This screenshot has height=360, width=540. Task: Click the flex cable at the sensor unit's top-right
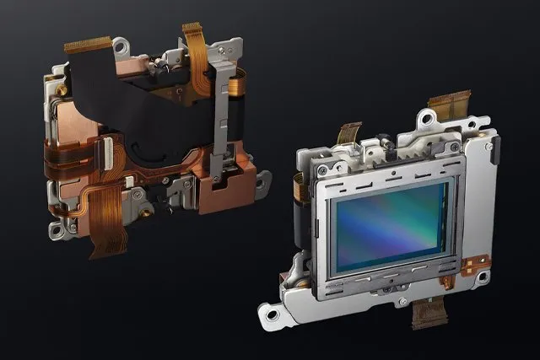(449, 108)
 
